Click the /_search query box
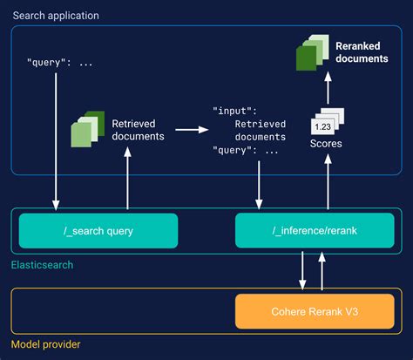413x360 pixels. click(98, 230)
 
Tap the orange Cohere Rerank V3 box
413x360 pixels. click(314, 311)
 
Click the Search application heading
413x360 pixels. click(55, 16)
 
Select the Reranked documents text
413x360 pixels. click(361, 51)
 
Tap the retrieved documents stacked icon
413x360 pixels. click(85, 131)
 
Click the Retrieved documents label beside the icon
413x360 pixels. click(139, 130)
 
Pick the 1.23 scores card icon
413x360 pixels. click(328, 124)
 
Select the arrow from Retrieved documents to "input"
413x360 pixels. click(191, 131)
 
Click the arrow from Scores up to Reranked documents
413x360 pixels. click(328, 87)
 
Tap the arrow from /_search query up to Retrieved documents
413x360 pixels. click(129, 178)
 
